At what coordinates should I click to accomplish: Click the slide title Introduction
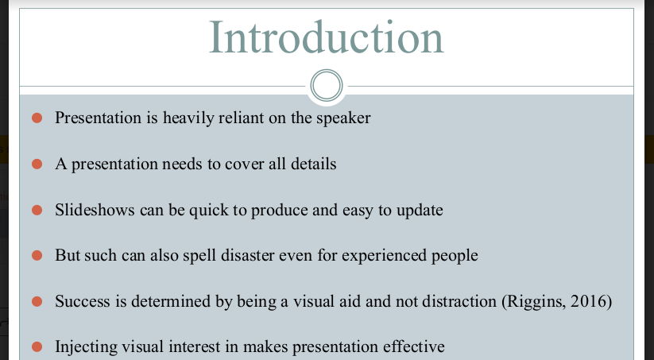point(326,37)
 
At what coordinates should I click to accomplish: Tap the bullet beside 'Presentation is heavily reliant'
point(37,118)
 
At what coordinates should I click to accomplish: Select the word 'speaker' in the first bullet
point(343,118)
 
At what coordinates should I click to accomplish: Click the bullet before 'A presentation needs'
point(37,164)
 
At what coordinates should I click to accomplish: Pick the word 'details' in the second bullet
point(314,164)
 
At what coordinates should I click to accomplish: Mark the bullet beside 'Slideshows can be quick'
point(37,210)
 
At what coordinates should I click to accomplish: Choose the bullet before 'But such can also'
point(37,255)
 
